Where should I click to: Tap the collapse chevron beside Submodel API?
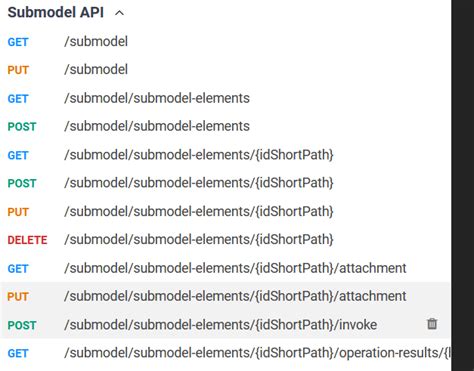(120, 13)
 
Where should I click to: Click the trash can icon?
(432, 324)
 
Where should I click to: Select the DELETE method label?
(27, 240)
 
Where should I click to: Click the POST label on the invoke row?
(22, 325)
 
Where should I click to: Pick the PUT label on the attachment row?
(18, 297)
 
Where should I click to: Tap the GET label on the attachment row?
(18, 268)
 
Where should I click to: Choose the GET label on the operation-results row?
(18, 353)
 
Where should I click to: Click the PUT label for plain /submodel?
(18, 70)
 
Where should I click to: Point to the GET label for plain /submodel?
(18, 42)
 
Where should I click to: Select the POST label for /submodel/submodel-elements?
(22, 127)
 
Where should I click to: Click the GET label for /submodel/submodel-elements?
(18, 98)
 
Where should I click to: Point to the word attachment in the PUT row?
(372, 297)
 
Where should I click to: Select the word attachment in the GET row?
(372, 268)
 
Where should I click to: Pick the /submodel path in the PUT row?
(96, 70)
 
